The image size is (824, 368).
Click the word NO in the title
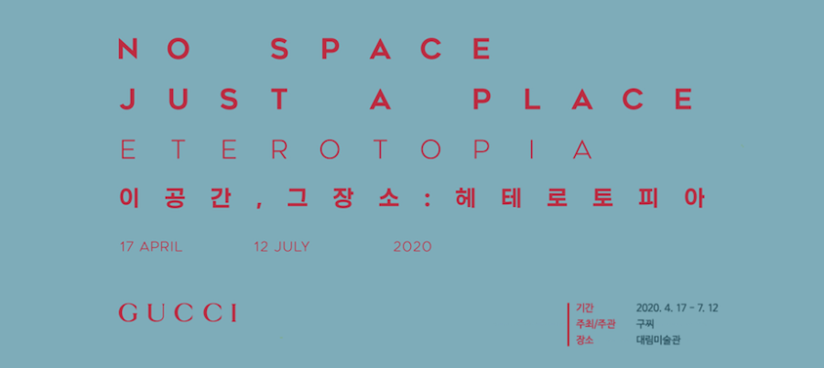coord(154,49)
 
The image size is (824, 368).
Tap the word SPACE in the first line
coord(381,49)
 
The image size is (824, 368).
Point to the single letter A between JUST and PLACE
coord(381,99)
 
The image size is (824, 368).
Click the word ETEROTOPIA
coord(357,150)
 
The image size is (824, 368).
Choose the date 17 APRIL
coord(151,246)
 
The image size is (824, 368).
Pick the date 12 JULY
coord(282,246)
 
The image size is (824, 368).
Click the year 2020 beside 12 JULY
coord(413,246)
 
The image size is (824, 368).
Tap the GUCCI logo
coord(178,312)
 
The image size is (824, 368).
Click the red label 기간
coord(584,308)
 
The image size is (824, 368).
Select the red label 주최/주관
coord(595,324)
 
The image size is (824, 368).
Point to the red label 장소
coord(584,341)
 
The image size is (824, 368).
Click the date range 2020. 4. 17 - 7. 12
coord(677,308)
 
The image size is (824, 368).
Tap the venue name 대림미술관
coord(658,341)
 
